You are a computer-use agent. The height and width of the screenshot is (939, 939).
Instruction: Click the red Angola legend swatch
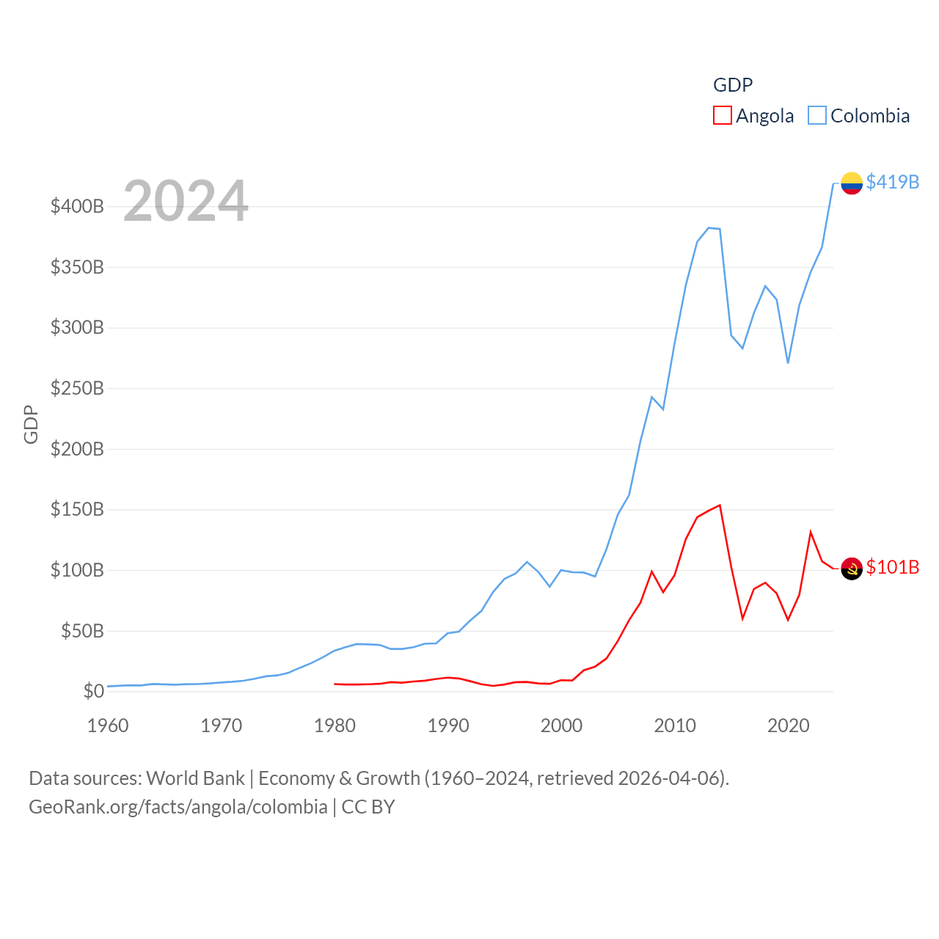tap(723, 116)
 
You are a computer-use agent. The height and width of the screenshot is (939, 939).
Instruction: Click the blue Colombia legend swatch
tap(817, 116)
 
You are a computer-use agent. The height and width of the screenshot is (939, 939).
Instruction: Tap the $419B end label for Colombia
tap(892, 182)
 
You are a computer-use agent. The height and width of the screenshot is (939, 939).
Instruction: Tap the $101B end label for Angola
tap(892, 567)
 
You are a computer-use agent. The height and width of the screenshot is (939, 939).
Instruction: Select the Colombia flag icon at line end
tap(852, 183)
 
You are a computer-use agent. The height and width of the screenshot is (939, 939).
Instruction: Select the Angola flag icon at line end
tap(852, 569)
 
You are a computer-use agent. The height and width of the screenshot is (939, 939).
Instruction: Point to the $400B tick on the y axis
tap(77, 206)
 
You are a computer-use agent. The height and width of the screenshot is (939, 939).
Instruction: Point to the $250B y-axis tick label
tap(77, 388)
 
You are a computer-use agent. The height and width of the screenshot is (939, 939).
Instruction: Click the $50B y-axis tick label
tap(82, 631)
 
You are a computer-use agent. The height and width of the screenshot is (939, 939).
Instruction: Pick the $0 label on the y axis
tap(94, 691)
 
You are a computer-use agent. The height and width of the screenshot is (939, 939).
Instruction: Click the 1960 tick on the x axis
tap(108, 726)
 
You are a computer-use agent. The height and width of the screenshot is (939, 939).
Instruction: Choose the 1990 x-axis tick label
tap(448, 726)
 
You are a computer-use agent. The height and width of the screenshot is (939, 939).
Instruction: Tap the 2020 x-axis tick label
tap(789, 726)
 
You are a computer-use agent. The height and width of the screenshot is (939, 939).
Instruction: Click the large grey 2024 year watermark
tap(186, 201)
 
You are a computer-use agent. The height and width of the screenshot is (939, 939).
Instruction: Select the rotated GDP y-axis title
tap(31, 424)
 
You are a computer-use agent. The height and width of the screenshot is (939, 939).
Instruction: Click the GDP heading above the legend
tap(733, 85)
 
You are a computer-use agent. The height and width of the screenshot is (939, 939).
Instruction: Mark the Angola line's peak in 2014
tap(720, 505)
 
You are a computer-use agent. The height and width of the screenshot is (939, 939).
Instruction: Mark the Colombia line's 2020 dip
tap(788, 362)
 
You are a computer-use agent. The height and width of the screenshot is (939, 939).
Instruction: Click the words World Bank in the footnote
tap(195, 778)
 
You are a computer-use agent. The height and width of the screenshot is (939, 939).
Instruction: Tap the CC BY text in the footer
tap(368, 807)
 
